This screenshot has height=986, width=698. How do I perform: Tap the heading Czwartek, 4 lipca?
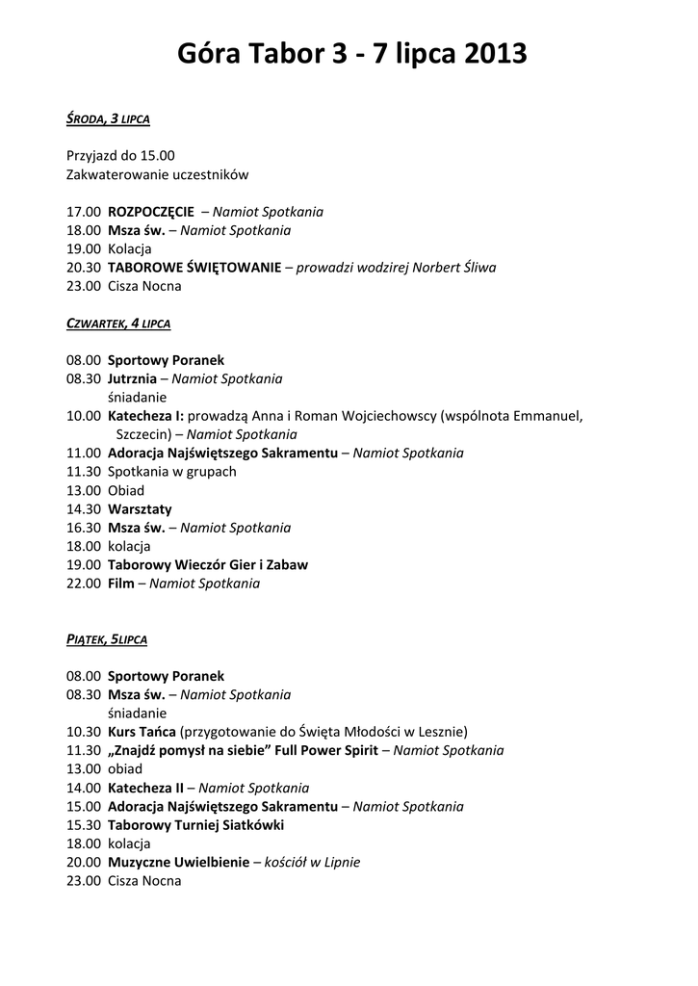[x=118, y=324]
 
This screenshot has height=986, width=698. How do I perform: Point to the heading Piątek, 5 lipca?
[x=107, y=639]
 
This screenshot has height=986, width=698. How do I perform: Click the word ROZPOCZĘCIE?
[x=150, y=212]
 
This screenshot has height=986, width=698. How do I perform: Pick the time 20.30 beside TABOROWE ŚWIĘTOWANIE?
[x=84, y=268]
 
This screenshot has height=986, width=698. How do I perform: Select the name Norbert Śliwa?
[x=454, y=268]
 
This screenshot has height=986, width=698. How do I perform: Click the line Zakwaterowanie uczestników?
[x=157, y=175]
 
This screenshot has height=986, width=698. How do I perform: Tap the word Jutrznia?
[x=132, y=379]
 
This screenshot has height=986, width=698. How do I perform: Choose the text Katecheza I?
[x=145, y=416]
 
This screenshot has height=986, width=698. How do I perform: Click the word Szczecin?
[x=143, y=434]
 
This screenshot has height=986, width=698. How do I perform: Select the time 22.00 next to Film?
[x=84, y=584]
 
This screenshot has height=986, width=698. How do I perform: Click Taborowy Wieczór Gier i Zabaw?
[x=208, y=564]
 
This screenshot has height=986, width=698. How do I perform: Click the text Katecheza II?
[x=145, y=788]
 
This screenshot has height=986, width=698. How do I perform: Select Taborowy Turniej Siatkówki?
[x=195, y=825]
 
